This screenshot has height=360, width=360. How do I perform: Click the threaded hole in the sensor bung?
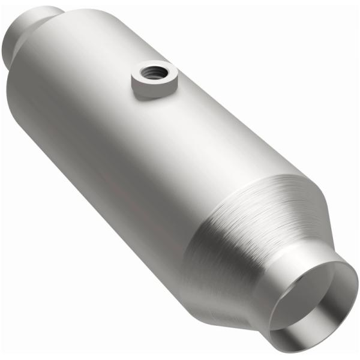pos(148,73)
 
